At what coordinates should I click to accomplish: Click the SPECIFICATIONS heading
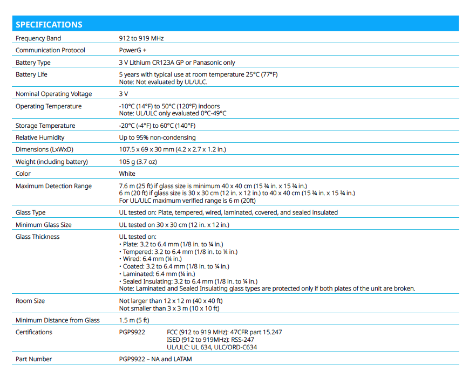(x=49, y=25)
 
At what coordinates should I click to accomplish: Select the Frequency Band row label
(x=38, y=39)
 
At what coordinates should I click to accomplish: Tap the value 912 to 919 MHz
(x=141, y=39)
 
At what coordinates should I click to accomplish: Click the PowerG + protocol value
(x=133, y=51)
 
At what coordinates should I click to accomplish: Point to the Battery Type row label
(x=33, y=63)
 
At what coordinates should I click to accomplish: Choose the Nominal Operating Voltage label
(x=53, y=94)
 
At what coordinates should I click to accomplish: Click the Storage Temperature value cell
(x=157, y=126)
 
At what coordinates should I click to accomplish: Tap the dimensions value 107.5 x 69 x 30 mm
(x=172, y=150)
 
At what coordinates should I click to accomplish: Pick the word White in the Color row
(x=127, y=174)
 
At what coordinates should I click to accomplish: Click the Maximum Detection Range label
(x=53, y=187)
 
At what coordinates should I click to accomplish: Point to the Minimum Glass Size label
(x=44, y=225)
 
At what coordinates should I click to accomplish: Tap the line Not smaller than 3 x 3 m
(x=169, y=309)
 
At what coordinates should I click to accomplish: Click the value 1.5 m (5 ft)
(x=134, y=321)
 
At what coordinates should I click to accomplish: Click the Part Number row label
(x=34, y=360)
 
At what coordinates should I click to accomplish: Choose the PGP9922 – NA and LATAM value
(x=155, y=360)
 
